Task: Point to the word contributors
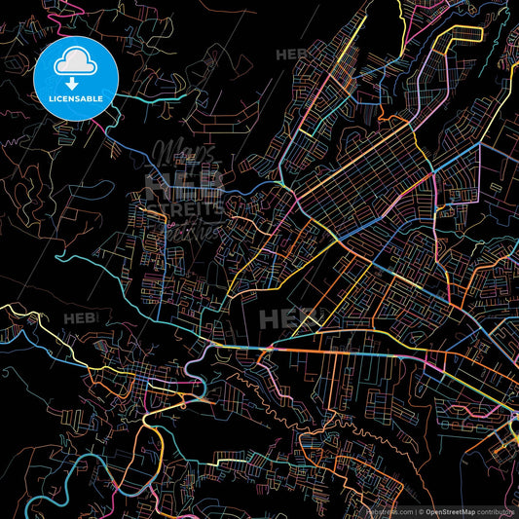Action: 496,511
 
